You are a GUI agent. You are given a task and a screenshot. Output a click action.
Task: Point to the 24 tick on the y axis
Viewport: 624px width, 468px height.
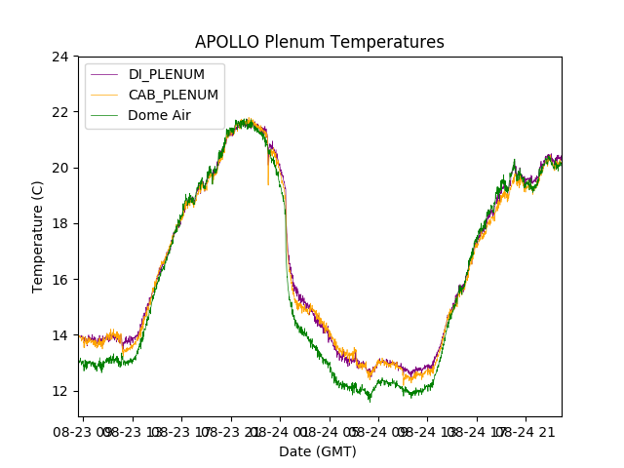60,57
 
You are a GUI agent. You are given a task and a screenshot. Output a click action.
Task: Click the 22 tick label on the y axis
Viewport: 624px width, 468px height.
60,112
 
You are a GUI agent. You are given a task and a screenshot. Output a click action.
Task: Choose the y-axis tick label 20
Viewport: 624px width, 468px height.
60,168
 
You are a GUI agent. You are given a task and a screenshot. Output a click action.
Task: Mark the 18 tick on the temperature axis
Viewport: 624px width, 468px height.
60,223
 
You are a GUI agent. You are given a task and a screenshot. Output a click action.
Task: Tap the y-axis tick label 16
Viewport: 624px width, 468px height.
60,280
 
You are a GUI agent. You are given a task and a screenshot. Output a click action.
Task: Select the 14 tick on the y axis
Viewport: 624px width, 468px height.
60,335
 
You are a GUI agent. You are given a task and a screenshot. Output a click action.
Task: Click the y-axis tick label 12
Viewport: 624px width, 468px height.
60,391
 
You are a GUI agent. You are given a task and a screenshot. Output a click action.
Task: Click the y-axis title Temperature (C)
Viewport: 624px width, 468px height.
38,236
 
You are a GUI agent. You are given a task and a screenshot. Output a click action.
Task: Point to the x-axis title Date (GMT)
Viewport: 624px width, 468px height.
318,451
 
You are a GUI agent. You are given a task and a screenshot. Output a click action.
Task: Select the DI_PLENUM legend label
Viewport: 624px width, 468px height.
167,75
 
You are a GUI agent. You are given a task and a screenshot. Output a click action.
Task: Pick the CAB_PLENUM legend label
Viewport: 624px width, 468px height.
174,95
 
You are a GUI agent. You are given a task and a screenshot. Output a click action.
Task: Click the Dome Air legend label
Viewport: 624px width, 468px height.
159,115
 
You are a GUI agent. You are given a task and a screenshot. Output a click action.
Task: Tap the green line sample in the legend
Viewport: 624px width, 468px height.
104,115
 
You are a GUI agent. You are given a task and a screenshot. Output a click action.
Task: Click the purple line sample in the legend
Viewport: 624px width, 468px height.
104,75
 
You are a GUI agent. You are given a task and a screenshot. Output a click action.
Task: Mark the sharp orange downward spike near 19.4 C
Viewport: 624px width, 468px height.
268,183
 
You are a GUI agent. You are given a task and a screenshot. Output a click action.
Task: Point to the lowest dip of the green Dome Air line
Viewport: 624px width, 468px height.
370,400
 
